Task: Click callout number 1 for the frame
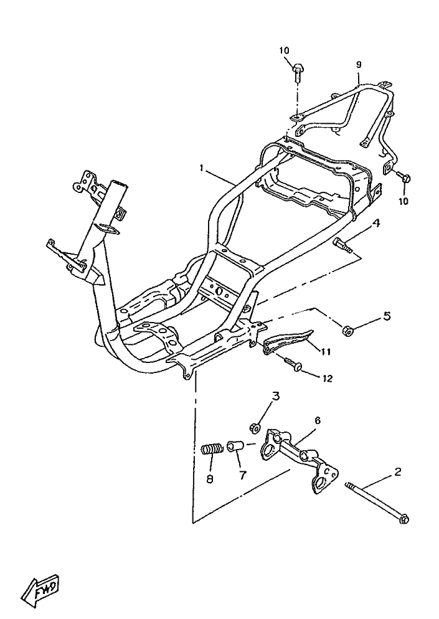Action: pos(201,169)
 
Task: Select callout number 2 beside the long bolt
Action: pos(397,472)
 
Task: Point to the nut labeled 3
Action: pos(255,427)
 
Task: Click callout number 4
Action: pos(376,224)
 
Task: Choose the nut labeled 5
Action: pos(347,331)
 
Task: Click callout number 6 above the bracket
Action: pos(318,421)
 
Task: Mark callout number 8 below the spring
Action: pos(210,479)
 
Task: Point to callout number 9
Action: pos(359,64)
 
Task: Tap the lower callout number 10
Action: pos(403,201)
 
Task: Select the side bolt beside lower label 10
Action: pos(403,176)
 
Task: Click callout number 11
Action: pos(326,351)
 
